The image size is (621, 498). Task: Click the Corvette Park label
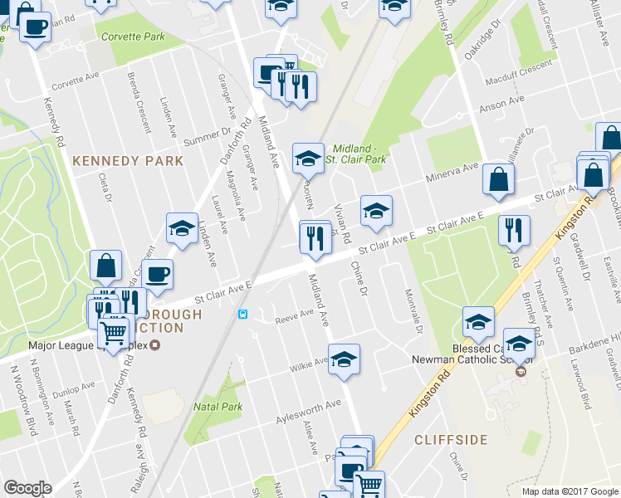(x=132, y=37)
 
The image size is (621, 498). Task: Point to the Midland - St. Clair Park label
(x=359, y=153)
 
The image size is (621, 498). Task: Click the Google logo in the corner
(x=27, y=488)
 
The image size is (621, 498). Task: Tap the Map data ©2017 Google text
(x=569, y=491)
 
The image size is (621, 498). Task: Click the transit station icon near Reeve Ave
(x=242, y=314)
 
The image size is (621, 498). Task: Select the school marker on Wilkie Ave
(x=344, y=360)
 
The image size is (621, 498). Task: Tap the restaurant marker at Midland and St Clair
(x=315, y=238)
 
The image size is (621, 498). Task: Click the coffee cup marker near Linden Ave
(x=157, y=274)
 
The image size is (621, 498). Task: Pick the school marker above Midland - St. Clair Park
(x=308, y=155)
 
